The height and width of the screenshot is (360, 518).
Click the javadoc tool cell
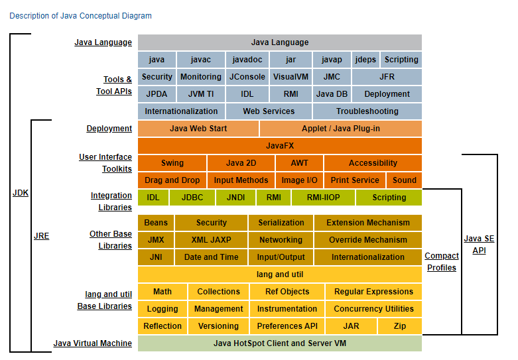pos(247,60)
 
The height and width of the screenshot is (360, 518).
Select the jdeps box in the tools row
pos(365,60)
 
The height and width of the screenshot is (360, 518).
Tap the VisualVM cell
pos(291,77)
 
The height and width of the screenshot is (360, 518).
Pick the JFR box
pos(387,77)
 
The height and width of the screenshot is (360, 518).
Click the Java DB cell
pos(332,94)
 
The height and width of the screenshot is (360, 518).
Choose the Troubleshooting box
pos(367,111)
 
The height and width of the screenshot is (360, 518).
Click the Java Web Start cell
pos(198,129)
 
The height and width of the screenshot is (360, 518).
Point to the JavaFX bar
pos(279,146)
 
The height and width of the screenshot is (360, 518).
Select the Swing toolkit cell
pos(172,163)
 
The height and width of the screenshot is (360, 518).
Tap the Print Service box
pos(355,180)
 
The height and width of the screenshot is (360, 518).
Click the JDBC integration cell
pos(192,198)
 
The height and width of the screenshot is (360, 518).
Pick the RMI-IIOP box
pos(323,198)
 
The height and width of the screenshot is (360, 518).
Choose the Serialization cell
pos(281,223)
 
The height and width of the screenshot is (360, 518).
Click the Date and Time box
pos(212,257)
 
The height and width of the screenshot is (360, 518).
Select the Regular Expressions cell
pos(373,292)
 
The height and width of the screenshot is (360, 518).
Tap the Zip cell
pos(400,326)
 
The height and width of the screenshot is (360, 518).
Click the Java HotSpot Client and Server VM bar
pos(279,343)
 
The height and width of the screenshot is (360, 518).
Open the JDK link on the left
pos(21,193)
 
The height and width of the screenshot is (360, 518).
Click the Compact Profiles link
pos(441,262)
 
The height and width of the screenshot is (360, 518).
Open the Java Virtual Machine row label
pos(92,343)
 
